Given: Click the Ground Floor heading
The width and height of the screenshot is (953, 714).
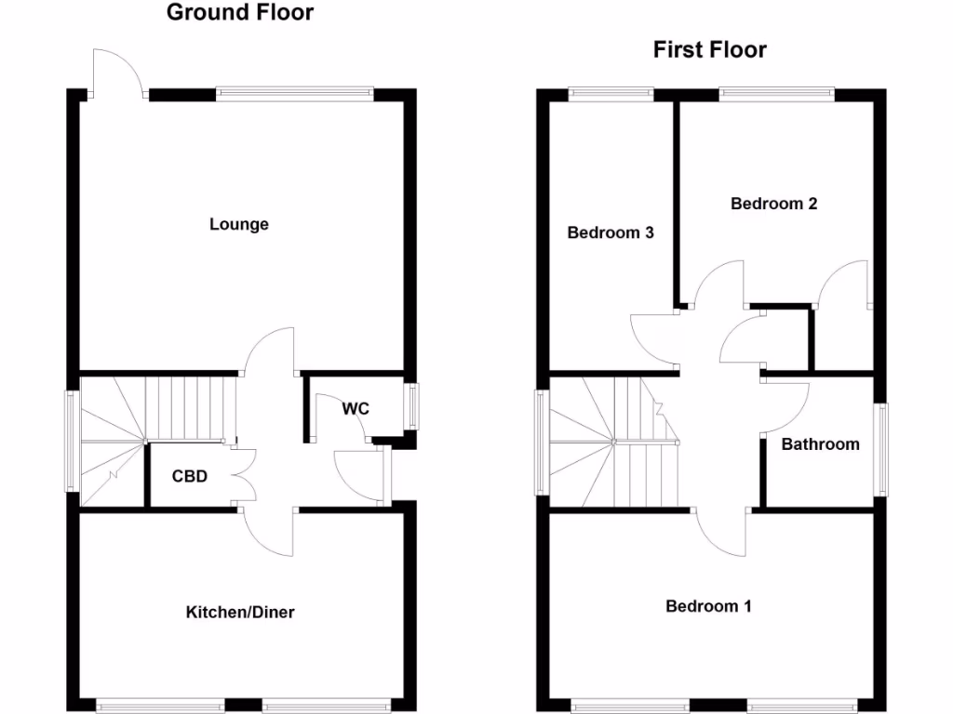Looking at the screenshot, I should (x=240, y=13).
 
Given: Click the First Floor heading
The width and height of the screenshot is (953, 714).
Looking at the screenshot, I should (x=709, y=49).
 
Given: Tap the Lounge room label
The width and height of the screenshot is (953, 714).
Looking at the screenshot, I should (x=239, y=224).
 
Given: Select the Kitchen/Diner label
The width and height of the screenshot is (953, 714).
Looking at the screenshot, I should (x=240, y=612).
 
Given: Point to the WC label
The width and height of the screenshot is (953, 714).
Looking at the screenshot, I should (x=356, y=408).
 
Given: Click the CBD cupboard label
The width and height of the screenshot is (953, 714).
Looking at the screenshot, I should (x=189, y=476).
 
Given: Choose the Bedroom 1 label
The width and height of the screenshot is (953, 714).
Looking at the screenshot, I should (x=708, y=606).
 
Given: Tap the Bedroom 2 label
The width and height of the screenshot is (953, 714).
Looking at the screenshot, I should (x=773, y=204).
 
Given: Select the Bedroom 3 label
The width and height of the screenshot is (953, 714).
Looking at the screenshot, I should (x=611, y=232).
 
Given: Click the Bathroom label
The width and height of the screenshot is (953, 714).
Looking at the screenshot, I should (x=820, y=444).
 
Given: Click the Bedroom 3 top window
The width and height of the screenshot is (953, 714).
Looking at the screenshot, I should (x=611, y=92).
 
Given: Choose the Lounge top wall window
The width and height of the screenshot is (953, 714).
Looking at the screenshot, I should (x=294, y=92).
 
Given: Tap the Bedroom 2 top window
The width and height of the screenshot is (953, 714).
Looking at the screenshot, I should (x=776, y=92).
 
